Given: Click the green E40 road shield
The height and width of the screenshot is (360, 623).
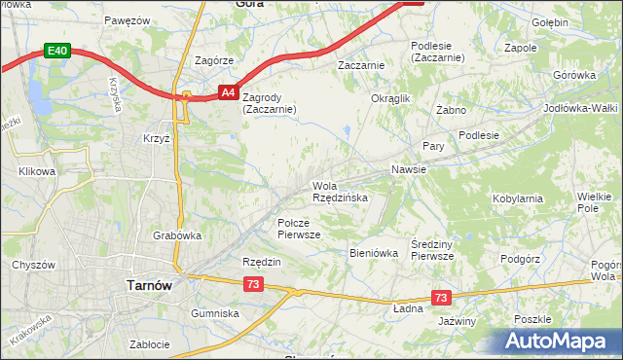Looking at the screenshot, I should pos(57,51).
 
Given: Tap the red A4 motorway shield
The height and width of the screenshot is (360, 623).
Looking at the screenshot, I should pos(226,92).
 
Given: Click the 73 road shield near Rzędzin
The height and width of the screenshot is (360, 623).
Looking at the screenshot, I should pos(252,283).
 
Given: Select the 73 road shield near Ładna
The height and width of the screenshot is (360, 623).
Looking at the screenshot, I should pos(442,296).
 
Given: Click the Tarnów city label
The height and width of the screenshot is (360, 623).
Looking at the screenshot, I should pos(150,285).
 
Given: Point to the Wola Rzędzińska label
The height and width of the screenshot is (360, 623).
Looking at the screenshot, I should pos(339,192).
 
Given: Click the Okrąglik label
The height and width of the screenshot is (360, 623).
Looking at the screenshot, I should pos(391,98).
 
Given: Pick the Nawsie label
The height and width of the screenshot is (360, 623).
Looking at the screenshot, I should pos(409,169).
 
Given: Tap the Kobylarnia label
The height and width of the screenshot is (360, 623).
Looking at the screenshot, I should pos(518,198).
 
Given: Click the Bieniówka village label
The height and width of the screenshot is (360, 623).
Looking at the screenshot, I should pos(374,253).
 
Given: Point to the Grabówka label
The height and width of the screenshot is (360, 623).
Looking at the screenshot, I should pos(177,234).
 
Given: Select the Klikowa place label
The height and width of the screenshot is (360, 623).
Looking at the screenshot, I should pos(37,171).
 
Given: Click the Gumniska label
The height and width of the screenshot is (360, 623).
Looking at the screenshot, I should pos(215,313).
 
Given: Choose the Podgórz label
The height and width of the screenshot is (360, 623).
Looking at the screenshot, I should pos(519,259).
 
